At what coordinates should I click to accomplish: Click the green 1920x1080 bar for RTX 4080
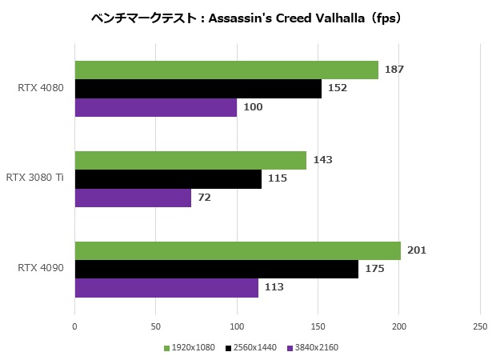tap(226, 70)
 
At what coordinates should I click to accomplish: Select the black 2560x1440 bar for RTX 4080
tap(198, 89)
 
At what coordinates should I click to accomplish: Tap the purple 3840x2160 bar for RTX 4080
tap(156, 107)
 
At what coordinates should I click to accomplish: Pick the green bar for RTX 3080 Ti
tap(190, 160)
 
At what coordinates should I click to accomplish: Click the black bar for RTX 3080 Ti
tap(168, 179)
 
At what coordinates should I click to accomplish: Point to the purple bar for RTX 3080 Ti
tap(133, 198)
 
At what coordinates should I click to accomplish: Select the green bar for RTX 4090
tap(238, 250)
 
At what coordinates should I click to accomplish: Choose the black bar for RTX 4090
tap(216, 269)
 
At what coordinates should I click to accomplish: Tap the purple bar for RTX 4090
tap(166, 287)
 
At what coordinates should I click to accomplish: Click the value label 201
tap(417, 250)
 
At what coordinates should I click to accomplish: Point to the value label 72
tap(205, 198)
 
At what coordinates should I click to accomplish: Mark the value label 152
tap(338, 89)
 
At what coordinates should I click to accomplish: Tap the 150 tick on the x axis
tap(318, 326)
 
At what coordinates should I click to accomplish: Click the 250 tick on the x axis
tap(479, 326)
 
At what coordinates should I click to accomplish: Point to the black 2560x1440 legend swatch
tap(229, 348)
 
